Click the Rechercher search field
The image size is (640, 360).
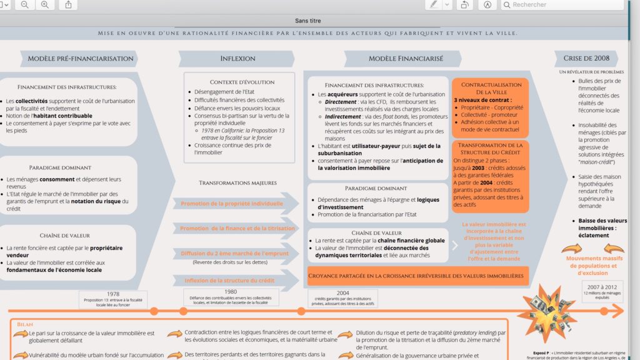pyautogui.click(x=562, y=5)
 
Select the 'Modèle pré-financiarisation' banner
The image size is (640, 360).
pyautogui.click(x=81, y=59)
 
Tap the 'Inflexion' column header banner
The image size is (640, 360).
pyautogui.click(x=237, y=59)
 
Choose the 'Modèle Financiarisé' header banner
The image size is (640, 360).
pyautogui.click(x=406, y=59)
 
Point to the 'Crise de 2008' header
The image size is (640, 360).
pyautogui.click(x=586, y=59)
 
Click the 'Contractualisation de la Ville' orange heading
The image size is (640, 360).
pyautogui.click(x=491, y=88)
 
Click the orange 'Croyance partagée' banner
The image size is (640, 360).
pyautogui.click(x=417, y=276)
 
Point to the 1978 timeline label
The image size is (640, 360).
pyautogui.click(x=113, y=294)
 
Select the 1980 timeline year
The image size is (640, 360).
pyautogui.click(x=231, y=292)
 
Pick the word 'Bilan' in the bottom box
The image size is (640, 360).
pyautogui.click(x=26, y=325)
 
